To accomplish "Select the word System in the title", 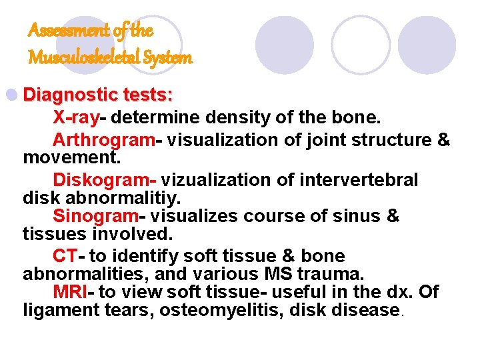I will click(x=167, y=58).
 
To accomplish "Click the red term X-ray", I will click(x=75, y=118).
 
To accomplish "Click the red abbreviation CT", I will click(x=65, y=256).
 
